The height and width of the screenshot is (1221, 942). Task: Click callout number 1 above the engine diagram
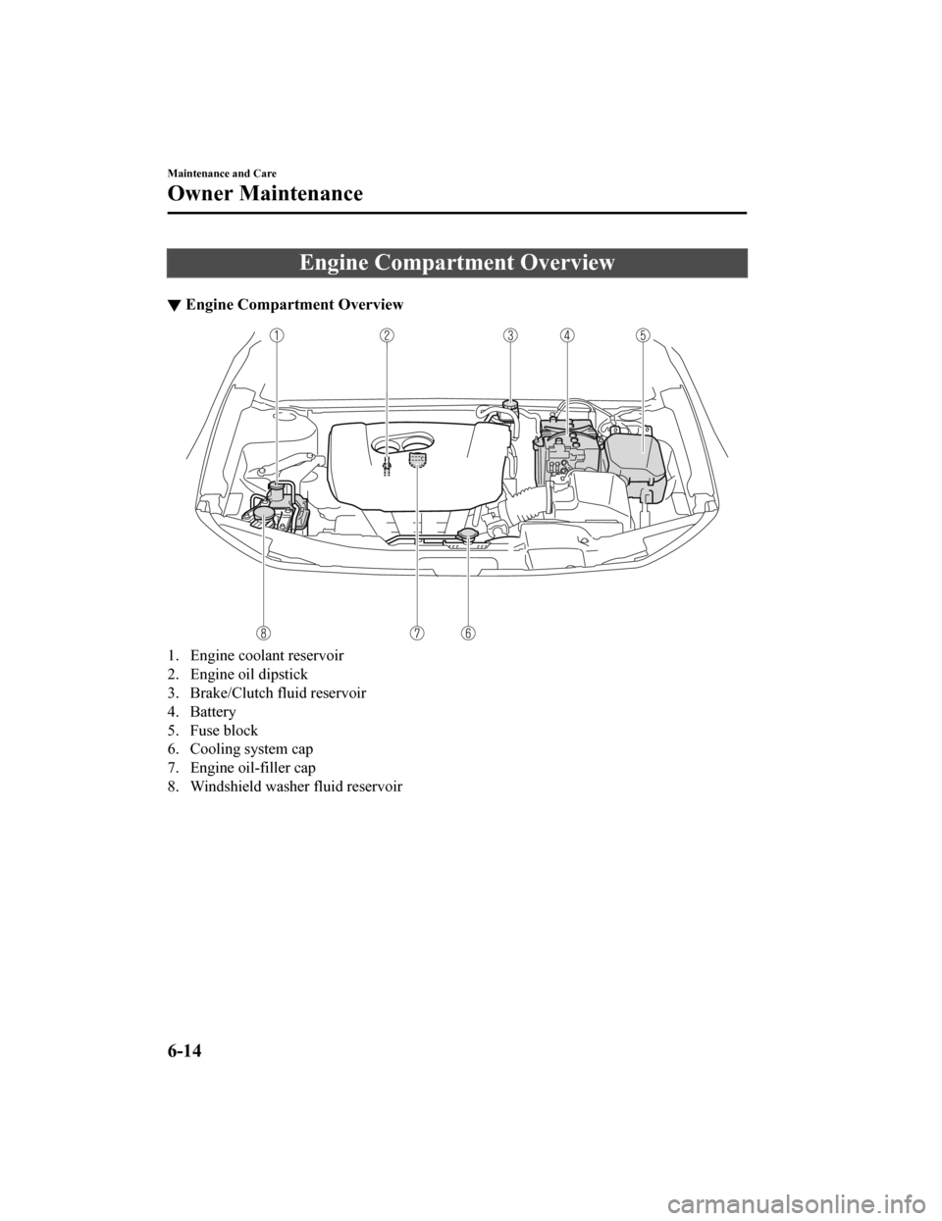[279, 335]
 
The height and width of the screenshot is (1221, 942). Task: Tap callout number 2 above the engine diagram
[388, 335]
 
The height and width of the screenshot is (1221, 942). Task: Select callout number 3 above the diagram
[510, 335]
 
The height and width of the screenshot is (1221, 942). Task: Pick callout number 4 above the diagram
[567, 335]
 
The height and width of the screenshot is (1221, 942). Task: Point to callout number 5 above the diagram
[643, 335]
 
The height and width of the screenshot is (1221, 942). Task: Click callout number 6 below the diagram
[468, 633]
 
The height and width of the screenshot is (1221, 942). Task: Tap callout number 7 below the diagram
[418, 633]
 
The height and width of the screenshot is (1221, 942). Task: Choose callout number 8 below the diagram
[265, 633]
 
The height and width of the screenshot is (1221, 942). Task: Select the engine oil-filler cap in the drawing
[416, 461]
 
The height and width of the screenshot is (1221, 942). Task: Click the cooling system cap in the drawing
[468, 534]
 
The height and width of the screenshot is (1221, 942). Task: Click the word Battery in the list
[213, 712]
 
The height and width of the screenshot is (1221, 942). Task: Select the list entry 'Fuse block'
[224, 731]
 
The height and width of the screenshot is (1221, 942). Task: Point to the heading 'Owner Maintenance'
[265, 193]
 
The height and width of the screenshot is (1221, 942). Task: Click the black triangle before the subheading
[174, 305]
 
